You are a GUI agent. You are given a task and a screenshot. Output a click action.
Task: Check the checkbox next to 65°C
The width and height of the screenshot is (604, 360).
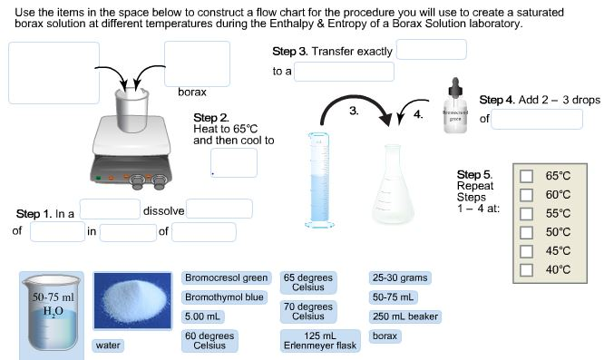526,176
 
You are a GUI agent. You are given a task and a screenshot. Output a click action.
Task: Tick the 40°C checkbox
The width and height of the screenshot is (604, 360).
526,269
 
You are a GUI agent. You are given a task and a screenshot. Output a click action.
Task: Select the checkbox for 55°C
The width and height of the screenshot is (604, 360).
526,213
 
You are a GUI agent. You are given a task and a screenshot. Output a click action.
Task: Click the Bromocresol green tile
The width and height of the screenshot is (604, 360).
226,277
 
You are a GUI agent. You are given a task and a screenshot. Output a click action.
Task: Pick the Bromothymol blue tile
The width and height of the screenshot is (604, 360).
224,297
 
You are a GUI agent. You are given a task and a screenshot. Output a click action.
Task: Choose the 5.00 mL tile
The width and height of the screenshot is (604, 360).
204,316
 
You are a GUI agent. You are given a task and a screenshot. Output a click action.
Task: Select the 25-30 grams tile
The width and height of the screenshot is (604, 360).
399,277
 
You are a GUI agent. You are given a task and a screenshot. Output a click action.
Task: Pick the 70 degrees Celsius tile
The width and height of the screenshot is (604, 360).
308,312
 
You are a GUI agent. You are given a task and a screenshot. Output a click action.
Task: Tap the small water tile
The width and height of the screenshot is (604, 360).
108,345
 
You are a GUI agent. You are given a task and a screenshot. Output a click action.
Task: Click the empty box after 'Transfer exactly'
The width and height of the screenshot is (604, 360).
431,50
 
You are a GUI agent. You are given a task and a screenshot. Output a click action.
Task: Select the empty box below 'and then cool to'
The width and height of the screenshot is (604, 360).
233,162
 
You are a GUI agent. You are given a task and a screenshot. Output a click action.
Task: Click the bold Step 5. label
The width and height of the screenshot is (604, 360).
474,174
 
